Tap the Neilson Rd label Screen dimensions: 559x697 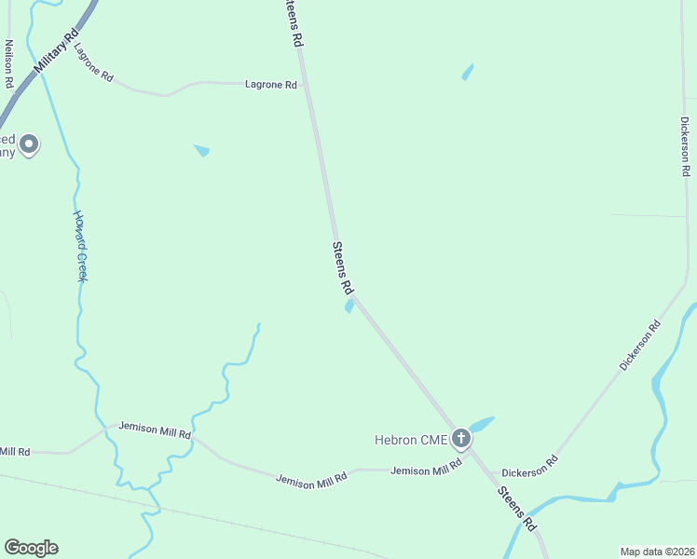[8, 64]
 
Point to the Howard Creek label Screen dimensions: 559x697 [79, 246]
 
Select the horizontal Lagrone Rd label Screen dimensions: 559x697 [270, 85]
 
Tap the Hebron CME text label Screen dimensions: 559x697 [411, 440]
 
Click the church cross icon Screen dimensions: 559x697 [460, 438]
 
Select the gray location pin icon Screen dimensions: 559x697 [29, 143]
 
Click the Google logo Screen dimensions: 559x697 [31, 548]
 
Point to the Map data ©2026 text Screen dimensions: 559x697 [657, 552]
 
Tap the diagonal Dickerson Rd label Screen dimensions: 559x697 [640, 345]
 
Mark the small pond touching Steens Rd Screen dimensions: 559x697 [349, 306]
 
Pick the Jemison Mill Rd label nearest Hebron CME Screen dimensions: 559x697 [427, 470]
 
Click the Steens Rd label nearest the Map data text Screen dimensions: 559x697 [517, 509]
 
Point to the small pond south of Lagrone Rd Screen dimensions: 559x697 [201, 150]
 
